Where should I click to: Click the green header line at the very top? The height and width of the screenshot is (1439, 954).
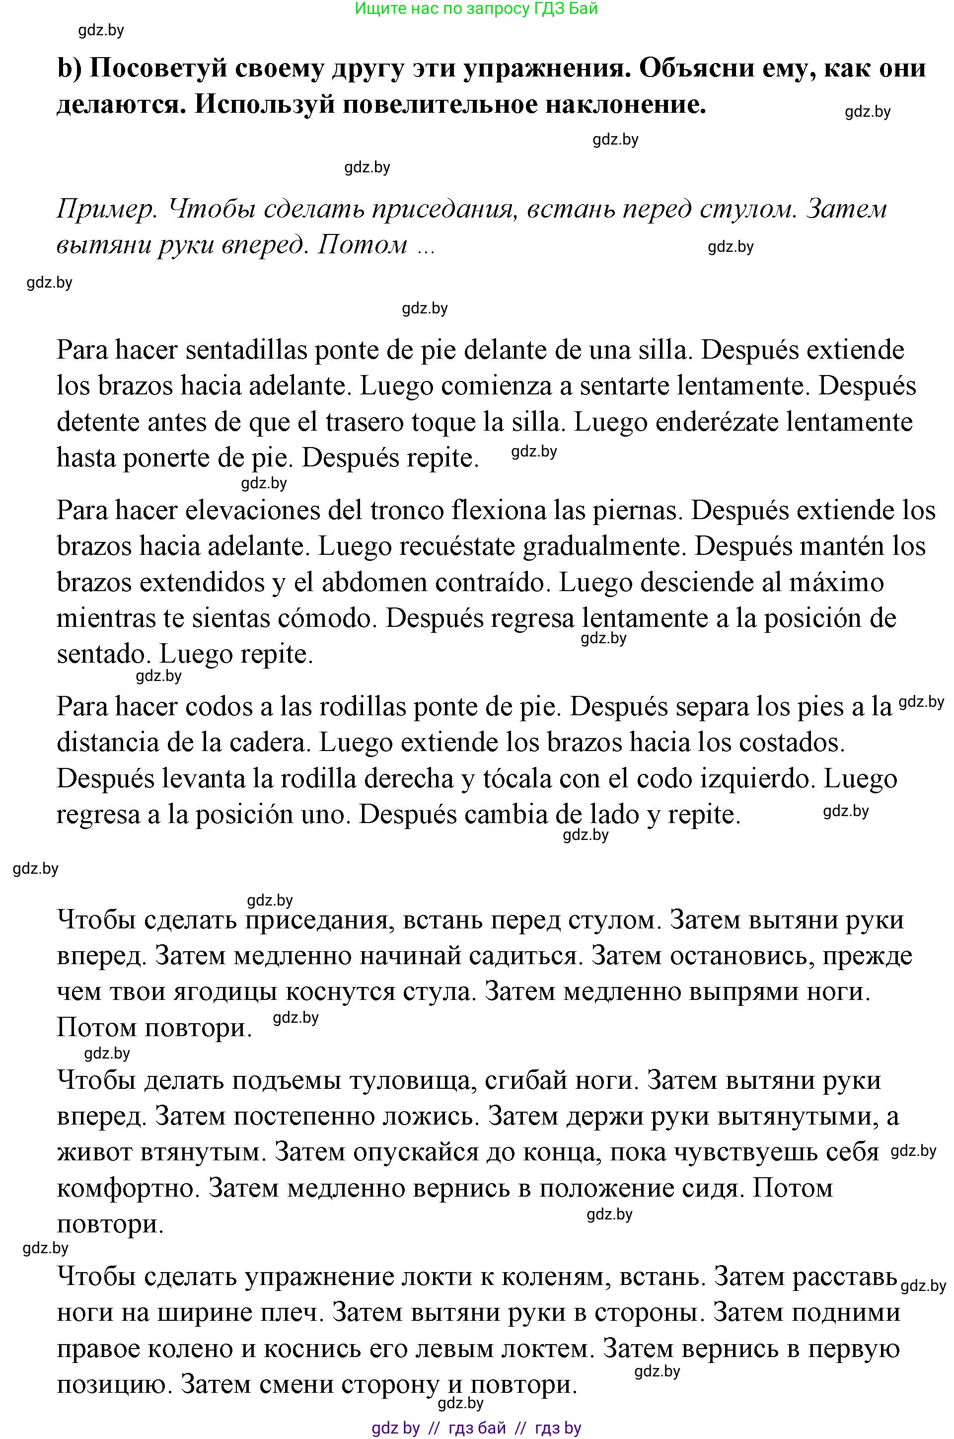pos(476,8)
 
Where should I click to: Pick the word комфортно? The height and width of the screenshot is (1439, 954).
pos(125,1188)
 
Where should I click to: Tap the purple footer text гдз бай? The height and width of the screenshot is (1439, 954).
pos(476,1428)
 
